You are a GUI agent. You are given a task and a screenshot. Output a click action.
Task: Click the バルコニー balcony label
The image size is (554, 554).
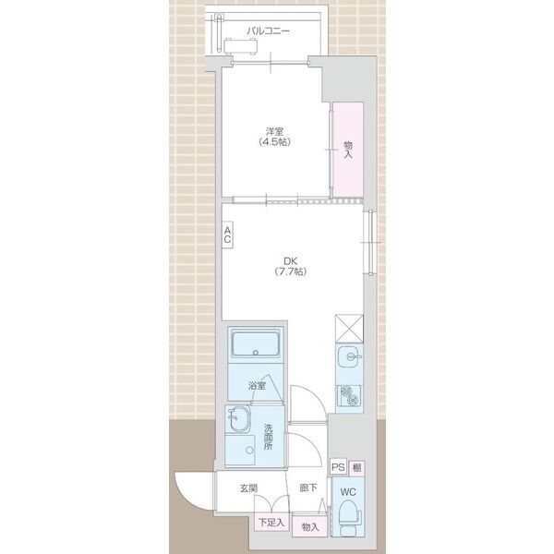click(x=268, y=31)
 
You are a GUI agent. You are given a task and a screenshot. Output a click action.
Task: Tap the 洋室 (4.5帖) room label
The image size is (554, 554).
click(x=275, y=137)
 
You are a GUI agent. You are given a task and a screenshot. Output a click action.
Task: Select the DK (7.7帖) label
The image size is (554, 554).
click(x=291, y=267)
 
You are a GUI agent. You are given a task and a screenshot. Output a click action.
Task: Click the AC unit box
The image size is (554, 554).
click(x=227, y=235)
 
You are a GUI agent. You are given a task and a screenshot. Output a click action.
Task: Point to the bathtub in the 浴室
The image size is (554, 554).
click(x=256, y=343)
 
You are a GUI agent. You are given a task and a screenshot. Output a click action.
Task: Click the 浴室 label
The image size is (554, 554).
click(x=257, y=386)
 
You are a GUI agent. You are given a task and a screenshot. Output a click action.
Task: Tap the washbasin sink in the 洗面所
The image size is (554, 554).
click(x=237, y=419)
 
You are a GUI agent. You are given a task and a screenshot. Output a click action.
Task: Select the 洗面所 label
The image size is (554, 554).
click(x=269, y=437)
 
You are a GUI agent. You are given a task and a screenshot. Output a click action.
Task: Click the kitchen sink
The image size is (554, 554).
click(x=349, y=356)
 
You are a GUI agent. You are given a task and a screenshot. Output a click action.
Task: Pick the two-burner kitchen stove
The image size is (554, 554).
click(x=349, y=395)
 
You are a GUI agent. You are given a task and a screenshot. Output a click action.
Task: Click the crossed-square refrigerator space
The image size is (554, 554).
click(x=349, y=328)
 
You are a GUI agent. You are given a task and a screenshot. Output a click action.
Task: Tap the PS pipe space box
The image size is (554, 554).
click(x=338, y=467)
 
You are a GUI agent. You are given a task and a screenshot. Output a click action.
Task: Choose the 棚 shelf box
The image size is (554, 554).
click(x=356, y=467)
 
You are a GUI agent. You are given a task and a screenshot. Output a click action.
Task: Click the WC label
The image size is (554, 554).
click(x=348, y=492)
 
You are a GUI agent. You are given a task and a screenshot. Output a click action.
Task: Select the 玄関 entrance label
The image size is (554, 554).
click(x=248, y=488)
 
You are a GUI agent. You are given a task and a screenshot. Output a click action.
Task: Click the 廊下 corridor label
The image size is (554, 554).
click(x=308, y=488)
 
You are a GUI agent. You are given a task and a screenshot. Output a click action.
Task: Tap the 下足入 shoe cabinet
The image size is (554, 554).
click(x=271, y=522)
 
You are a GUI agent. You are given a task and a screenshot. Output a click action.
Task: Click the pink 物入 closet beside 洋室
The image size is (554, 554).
click(x=348, y=150)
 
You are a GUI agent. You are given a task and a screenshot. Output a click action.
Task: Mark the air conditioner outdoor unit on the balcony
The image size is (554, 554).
click(x=240, y=46)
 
